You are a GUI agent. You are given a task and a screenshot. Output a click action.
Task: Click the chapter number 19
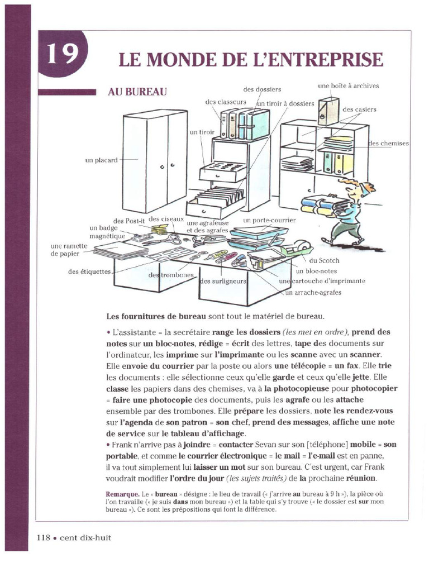(x=62, y=54)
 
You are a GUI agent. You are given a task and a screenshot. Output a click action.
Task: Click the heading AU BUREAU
(x=137, y=92)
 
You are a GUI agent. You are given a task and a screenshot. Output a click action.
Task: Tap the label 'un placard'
(x=101, y=160)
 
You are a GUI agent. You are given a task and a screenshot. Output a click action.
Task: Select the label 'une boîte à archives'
(x=348, y=86)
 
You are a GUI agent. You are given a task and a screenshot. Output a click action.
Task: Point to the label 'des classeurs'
(x=225, y=102)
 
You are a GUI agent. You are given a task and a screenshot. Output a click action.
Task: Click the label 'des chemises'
(x=389, y=144)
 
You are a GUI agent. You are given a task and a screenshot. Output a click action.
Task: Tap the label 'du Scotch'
(x=324, y=261)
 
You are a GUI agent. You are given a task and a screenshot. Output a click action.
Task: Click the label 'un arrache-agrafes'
(x=313, y=292)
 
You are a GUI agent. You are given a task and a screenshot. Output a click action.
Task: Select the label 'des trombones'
(x=171, y=275)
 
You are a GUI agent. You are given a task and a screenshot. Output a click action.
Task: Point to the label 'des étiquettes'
(x=90, y=272)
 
